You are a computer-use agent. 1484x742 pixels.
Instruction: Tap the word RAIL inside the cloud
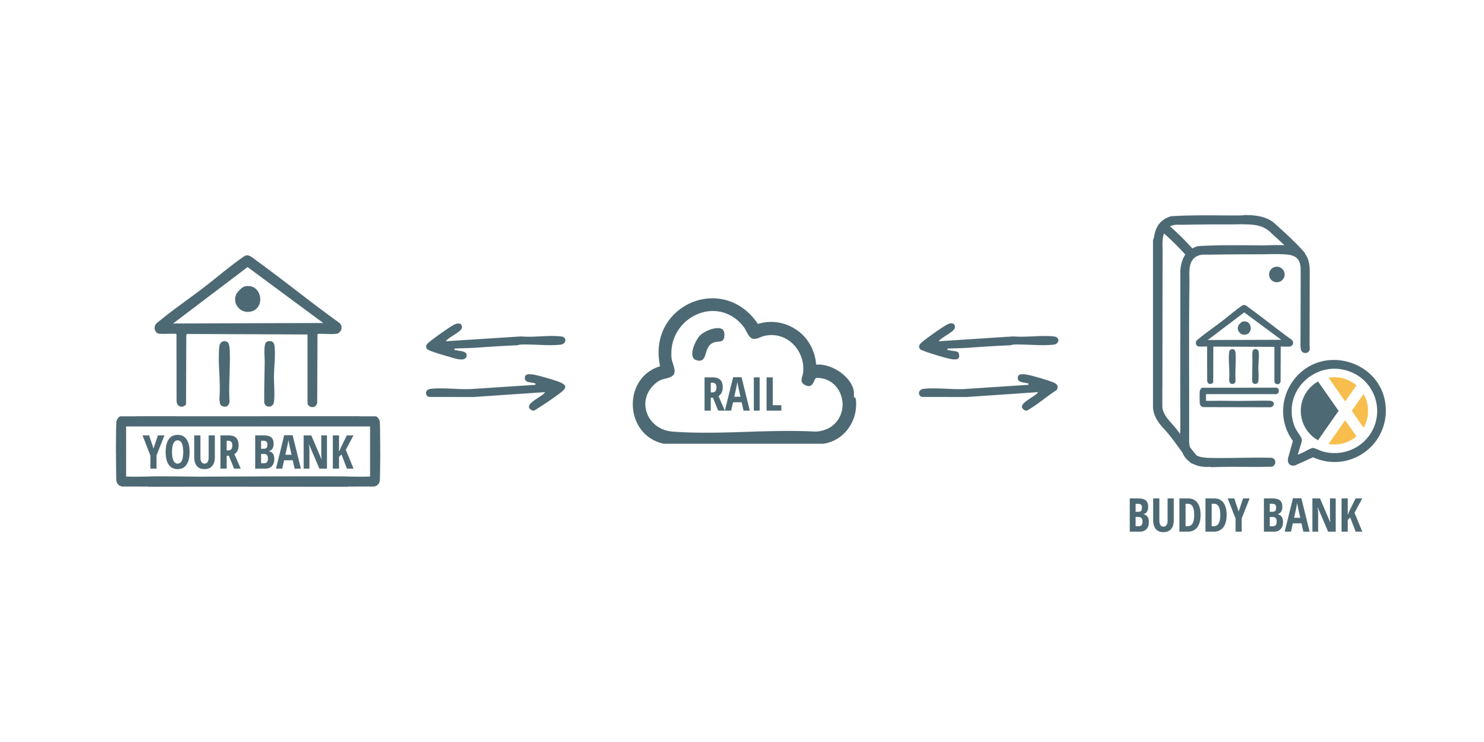click(x=743, y=394)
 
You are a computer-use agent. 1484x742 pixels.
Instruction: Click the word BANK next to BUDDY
click(x=1312, y=515)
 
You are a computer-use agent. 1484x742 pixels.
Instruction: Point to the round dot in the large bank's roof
click(x=247, y=299)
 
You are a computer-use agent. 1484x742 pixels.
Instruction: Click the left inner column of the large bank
click(x=224, y=373)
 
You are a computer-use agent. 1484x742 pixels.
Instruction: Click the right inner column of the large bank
click(x=269, y=373)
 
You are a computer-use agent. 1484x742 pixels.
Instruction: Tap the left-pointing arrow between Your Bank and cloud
click(x=495, y=341)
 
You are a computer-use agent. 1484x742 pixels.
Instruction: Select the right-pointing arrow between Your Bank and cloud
click(x=495, y=392)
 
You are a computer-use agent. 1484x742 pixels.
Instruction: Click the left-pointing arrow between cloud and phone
click(x=988, y=341)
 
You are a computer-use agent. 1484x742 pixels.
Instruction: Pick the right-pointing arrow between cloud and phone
click(x=988, y=392)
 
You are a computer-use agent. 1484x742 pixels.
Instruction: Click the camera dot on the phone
click(x=1277, y=275)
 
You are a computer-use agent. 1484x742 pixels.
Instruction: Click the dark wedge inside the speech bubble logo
click(x=1318, y=411)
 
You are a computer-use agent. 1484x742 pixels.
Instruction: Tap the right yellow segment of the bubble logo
click(x=1360, y=411)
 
